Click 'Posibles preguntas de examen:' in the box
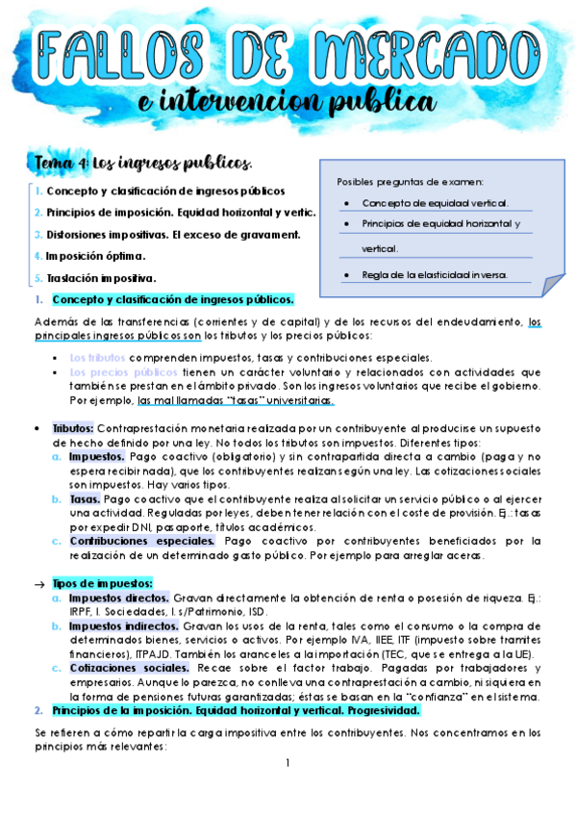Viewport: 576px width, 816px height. pos(411,181)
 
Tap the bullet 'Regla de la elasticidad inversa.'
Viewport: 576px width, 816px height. pos(434,275)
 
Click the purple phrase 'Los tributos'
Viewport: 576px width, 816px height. pos(97,357)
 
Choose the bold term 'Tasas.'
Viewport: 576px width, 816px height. pos(85,499)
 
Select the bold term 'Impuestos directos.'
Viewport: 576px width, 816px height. pos(119,598)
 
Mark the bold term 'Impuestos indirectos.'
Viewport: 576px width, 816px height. pos(124,625)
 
